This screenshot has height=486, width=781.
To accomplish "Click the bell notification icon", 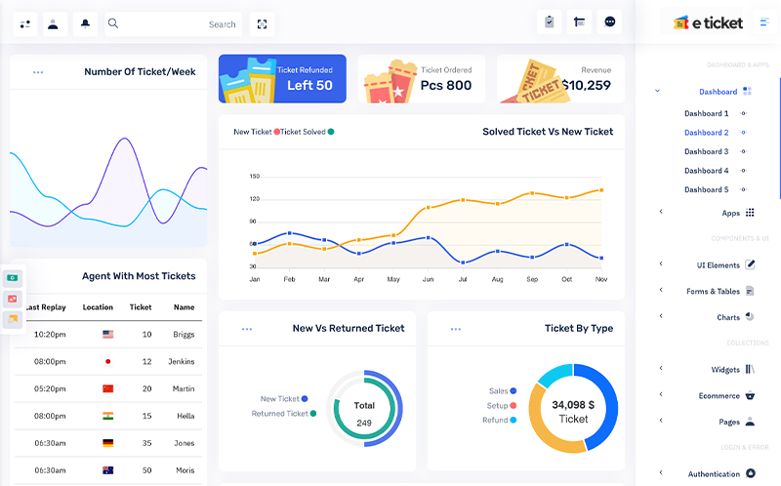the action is [85, 23].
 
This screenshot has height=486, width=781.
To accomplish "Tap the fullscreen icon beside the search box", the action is [262, 23].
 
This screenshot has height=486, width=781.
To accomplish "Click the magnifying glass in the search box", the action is [113, 23].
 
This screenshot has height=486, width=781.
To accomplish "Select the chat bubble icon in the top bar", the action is [609, 21].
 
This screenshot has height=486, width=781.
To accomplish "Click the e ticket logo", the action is [708, 22].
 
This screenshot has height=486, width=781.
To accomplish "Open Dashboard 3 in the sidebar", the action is [706, 151].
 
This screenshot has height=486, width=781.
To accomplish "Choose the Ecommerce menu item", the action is [719, 396].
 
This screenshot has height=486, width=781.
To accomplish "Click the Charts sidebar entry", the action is [728, 317].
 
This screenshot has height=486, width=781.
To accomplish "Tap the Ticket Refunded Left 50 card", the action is [282, 79].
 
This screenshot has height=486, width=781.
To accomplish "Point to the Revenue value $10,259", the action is [587, 85].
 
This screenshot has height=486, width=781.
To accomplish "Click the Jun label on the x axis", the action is [428, 279].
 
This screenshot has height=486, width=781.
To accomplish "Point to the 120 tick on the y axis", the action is [255, 199].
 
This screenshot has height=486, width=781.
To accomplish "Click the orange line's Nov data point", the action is [601, 190].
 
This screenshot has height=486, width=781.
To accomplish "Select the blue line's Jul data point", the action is [463, 263].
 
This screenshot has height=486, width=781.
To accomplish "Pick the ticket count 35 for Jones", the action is [147, 443].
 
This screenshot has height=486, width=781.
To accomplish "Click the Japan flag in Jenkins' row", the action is [107, 361].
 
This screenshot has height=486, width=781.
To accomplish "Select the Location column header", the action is [98, 307].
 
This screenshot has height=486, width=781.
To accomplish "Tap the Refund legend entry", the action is [500, 421].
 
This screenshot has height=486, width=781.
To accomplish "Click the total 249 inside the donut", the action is [364, 423].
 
